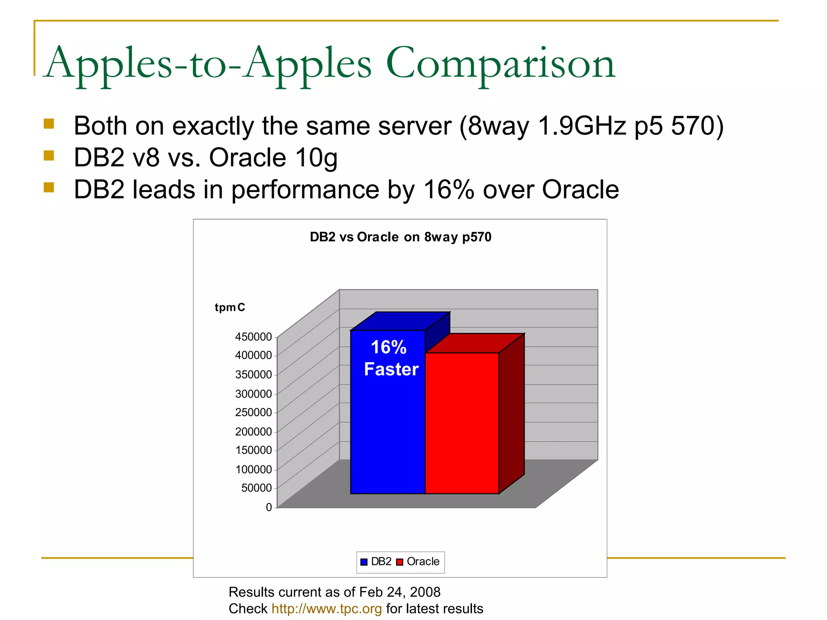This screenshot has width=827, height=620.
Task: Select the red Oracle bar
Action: [462, 424]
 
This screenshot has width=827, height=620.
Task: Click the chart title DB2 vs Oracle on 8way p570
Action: [400, 237]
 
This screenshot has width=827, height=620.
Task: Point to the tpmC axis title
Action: [230, 308]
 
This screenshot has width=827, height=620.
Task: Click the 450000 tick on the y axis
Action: [254, 337]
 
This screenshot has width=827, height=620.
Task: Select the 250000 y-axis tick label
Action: [254, 413]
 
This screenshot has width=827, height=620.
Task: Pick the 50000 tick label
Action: [256, 488]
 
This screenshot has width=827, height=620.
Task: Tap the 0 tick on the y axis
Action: [269, 507]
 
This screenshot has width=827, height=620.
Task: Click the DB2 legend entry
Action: [376, 562]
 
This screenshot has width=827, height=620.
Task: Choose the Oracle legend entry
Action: [418, 562]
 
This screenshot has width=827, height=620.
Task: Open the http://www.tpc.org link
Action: [326, 609]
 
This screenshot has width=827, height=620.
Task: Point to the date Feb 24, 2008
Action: [399, 592]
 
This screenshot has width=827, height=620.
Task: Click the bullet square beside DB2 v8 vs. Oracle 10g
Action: [49, 155]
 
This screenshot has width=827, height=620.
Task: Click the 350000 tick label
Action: [254, 375]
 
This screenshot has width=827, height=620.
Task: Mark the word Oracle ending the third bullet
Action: [580, 189]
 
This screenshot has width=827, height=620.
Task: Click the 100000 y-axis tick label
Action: [254, 469]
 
